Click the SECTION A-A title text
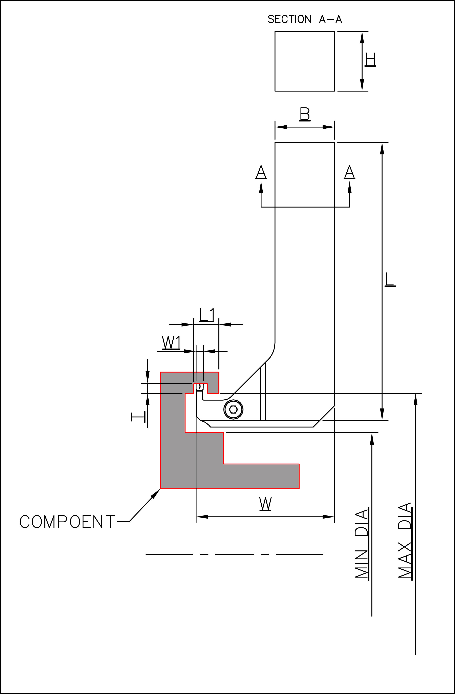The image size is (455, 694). [x=305, y=19]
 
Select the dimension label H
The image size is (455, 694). [x=370, y=60]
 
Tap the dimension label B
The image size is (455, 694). [x=305, y=114]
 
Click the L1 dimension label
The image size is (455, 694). [x=207, y=315]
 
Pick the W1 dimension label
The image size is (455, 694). [x=171, y=343]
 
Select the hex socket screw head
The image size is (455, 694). [x=233, y=409]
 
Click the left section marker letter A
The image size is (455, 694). [x=261, y=172]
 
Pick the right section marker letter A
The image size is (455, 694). [x=349, y=172]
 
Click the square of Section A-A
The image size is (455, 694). [x=305, y=61]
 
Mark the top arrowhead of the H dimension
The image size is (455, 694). [x=362, y=37]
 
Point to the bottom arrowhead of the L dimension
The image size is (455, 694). [x=382, y=414]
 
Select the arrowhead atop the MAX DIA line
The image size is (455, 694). [x=415, y=399]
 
